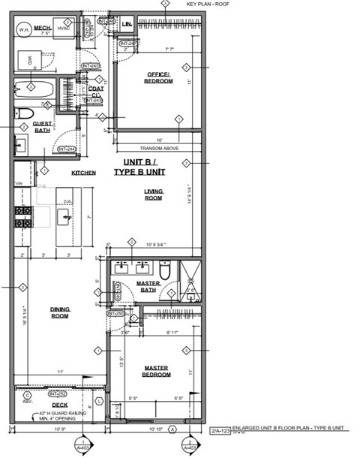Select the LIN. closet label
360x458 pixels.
[127, 25]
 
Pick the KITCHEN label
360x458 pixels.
[83, 173]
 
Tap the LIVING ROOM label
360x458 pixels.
[154, 194]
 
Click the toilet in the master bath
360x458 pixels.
[166, 269]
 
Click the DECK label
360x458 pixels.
[59, 405]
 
